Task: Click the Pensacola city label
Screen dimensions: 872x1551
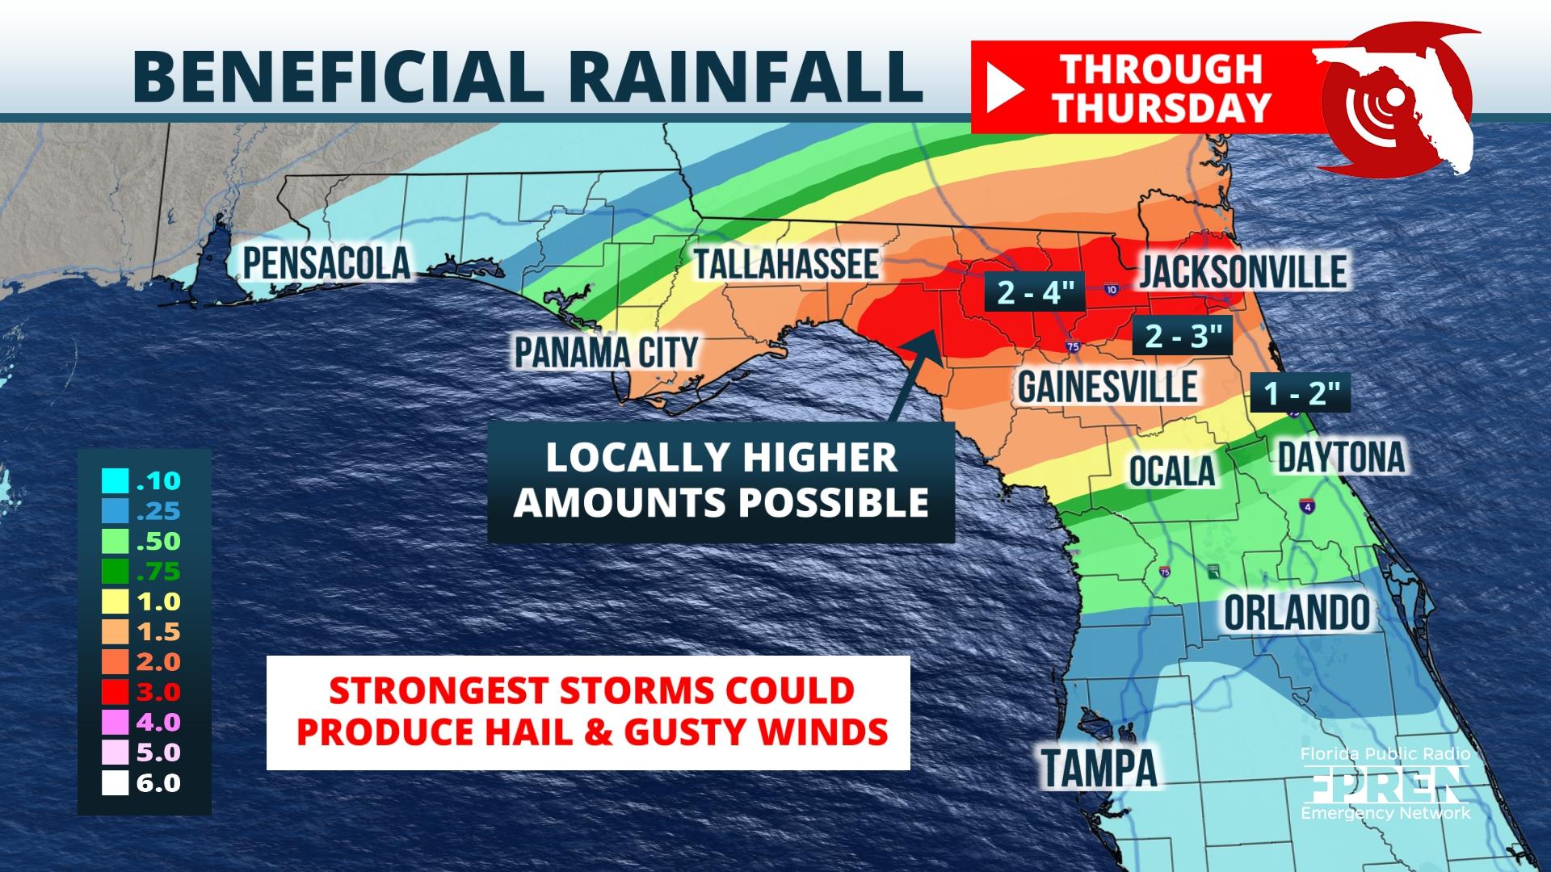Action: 326,263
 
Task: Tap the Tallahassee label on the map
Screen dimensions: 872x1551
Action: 785,264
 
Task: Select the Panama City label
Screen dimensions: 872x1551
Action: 606,353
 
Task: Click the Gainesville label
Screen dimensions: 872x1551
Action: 1107,387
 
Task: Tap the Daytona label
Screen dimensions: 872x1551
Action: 1341,457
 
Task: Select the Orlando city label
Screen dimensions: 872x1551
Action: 1297,613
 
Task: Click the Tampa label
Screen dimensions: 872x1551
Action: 1099,767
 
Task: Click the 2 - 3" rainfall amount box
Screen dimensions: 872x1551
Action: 1182,335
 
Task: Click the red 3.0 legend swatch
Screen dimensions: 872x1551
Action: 116,692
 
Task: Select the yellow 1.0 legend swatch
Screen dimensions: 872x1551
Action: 116,602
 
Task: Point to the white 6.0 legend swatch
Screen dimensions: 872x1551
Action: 116,782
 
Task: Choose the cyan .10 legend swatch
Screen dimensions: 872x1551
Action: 116,481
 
